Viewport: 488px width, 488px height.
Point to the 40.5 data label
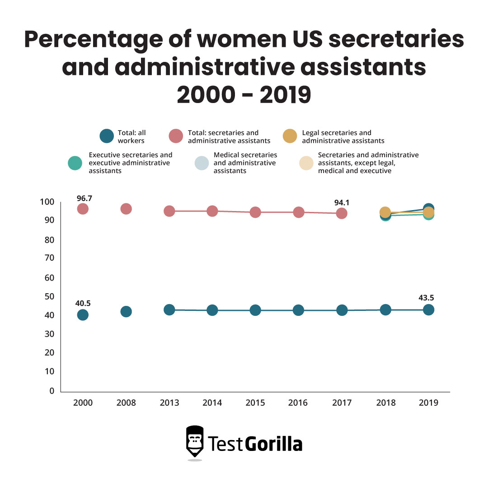tap(82, 303)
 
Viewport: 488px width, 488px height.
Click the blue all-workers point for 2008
tap(126, 311)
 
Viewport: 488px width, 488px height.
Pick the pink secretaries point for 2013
tap(169, 211)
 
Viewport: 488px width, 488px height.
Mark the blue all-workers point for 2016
tap(298, 310)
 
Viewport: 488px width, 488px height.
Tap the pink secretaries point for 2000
tap(82, 209)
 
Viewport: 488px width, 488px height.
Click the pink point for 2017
tap(342, 213)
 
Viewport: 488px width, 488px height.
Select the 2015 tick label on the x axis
tap(255, 403)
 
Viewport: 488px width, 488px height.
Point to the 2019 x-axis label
tap(428, 403)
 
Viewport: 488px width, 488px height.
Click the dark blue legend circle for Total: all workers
tap(107, 136)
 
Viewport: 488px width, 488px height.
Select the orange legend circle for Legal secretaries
tap(289, 136)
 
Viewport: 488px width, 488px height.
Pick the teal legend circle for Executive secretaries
tap(75, 163)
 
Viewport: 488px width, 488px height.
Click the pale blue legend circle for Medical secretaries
tap(202, 163)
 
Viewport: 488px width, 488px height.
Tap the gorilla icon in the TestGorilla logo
tap(195, 441)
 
